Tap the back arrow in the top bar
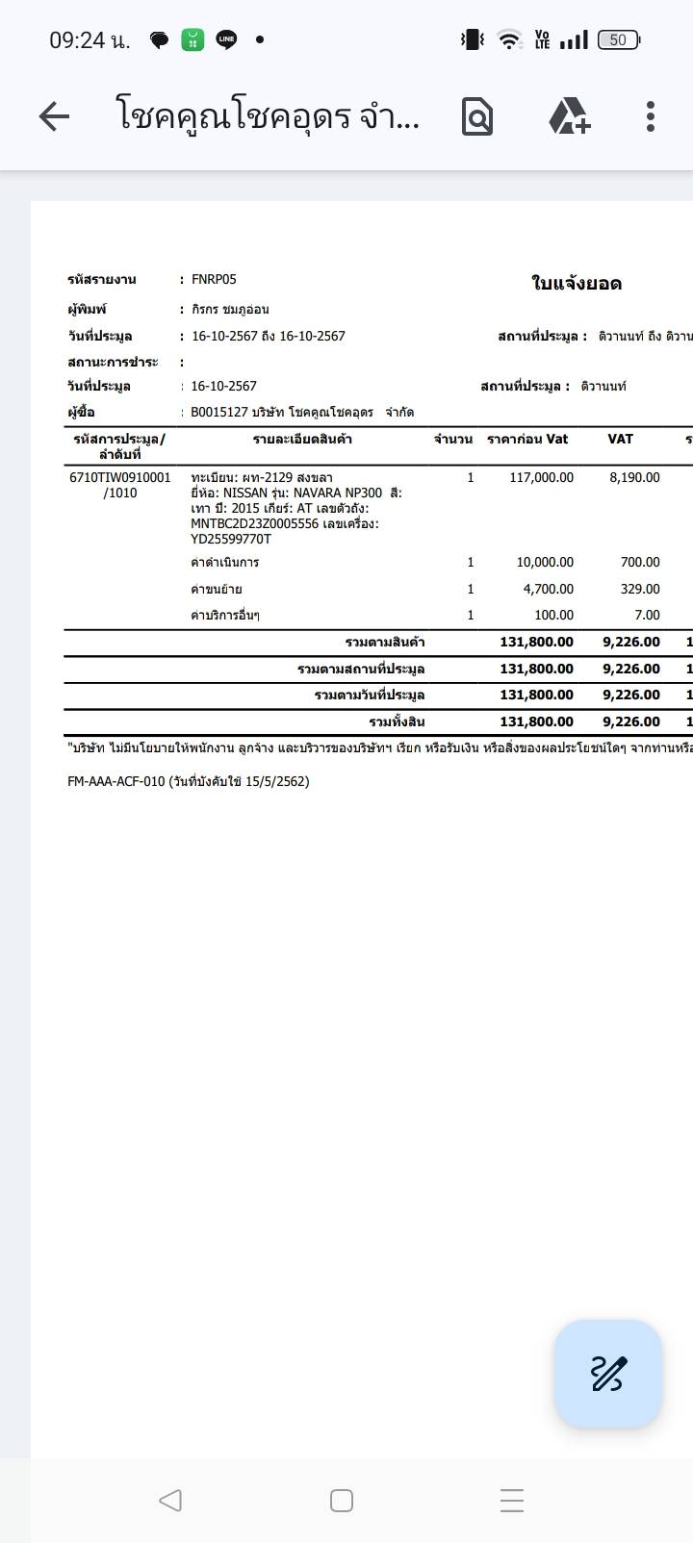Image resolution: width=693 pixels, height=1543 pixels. point(54,117)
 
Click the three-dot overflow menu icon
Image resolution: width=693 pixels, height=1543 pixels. point(651,116)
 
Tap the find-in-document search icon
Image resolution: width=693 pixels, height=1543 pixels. point(477,117)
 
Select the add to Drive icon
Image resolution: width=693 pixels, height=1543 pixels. point(569,116)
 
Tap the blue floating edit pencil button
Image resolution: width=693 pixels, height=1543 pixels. point(607,1373)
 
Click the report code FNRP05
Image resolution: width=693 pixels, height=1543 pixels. point(214,280)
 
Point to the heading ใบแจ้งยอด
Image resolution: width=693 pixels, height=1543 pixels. point(577,284)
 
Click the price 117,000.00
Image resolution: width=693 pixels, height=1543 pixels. point(541,477)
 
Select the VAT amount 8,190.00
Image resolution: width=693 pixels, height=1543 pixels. point(634,477)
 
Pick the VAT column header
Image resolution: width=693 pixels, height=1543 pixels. point(621,440)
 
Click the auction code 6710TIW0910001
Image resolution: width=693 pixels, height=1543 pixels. point(120,477)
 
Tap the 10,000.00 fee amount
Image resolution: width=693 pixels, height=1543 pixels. point(545,562)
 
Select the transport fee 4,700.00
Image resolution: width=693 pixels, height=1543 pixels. point(549,589)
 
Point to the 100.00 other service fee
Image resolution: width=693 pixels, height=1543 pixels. point(553,615)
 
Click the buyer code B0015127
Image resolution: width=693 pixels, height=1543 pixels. point(219,413)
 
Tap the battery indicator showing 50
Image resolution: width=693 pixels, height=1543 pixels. point(618,39)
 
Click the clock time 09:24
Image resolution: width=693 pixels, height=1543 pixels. point(77,39)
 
